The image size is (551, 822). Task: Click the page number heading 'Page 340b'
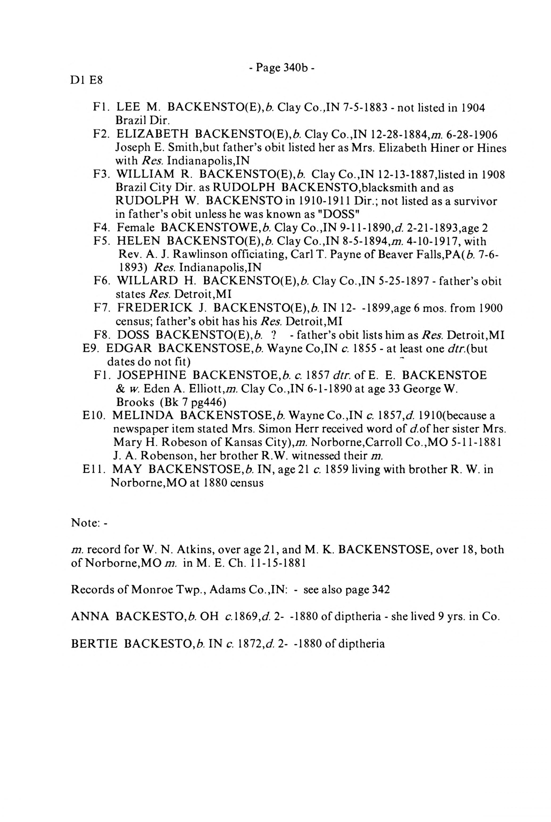(282, 67)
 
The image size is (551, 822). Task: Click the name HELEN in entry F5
(138, 241)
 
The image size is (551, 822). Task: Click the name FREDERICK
(155, 308)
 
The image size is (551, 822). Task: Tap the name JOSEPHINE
(151, 376)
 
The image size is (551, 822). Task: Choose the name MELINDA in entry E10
(143, 416)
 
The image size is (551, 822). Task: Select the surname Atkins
(191, 549)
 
